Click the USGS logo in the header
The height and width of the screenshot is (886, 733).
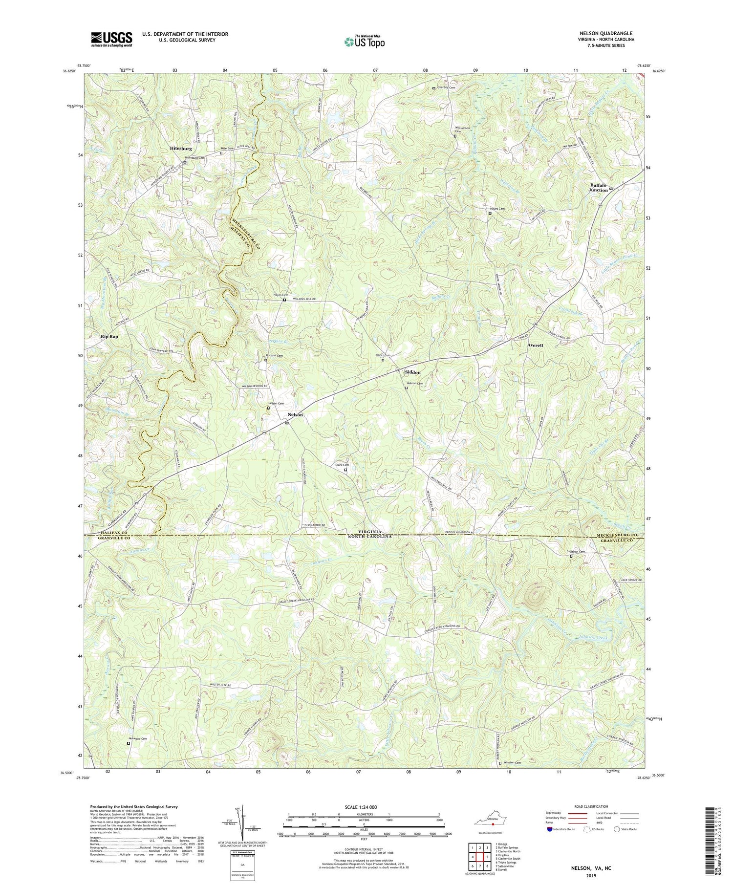111,39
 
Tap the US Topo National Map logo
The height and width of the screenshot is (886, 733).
364,42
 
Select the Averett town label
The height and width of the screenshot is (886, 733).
535,345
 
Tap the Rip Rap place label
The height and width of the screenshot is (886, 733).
109,337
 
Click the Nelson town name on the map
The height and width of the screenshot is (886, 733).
295,414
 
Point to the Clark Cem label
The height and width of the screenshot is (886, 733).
342,465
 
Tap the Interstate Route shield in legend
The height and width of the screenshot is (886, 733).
550,829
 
